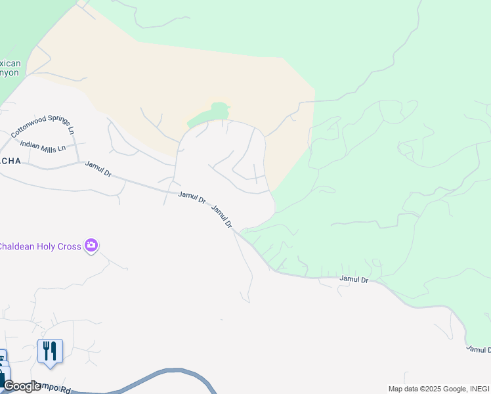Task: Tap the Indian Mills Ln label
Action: click(x=43, y=146)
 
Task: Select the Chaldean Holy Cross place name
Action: click(x=39, y=246)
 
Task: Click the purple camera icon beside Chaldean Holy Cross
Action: click(x=91, y=246)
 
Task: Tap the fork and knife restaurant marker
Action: click(x=50, y=351)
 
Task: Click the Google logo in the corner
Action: click(x=21, y=386)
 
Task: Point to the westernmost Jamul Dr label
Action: click(x=98, y=169)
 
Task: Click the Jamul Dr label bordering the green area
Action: click(x=354, y=279)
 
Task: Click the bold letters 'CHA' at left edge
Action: click(x=11, y=161)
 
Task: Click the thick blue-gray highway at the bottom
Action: click(x=164, y=376)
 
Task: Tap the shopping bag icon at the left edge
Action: click(x=3, y=376)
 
